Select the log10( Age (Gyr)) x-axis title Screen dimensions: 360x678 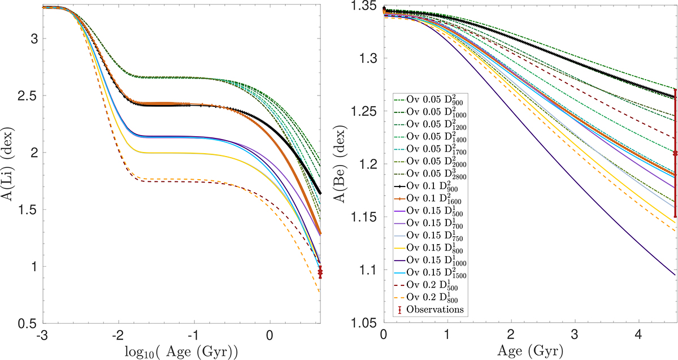(181, 350)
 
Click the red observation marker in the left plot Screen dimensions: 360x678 (320, 272)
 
